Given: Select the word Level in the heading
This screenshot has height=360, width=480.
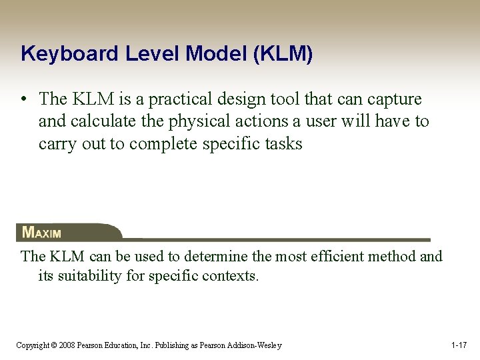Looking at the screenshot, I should pos(140,54).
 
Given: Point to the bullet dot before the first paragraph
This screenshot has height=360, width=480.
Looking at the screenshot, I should pos(23,100).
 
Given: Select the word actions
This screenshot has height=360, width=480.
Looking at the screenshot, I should pos(270,122).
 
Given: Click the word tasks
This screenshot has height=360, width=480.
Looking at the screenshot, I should pos(283,145).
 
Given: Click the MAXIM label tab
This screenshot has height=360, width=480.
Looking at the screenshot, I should pos(43,233).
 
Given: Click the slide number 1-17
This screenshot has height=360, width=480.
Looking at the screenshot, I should pos(459,345).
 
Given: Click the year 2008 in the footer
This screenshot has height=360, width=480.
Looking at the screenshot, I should pos(67,345).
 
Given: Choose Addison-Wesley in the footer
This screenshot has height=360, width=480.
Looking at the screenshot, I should pos(257,345).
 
